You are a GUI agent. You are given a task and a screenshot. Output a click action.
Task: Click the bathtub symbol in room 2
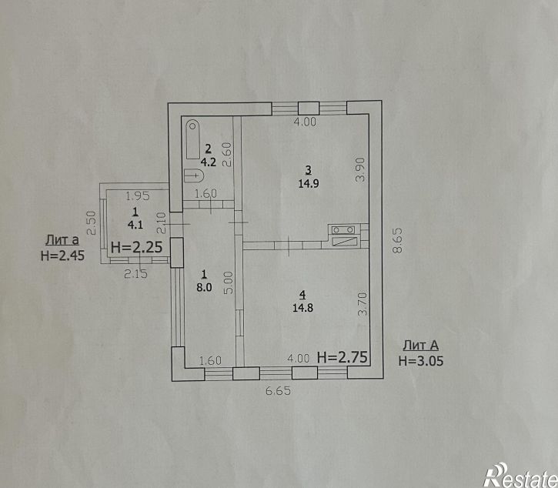(193, 139)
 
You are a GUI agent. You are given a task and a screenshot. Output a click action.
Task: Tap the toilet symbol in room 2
(194, 175)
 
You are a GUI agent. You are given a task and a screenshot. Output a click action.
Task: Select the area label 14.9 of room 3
(309, 184)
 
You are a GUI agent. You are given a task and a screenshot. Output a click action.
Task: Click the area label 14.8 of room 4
(302, 308)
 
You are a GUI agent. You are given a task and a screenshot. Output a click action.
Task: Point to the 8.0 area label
(204, 287)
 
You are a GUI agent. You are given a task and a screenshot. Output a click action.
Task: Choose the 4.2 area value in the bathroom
(208, 162)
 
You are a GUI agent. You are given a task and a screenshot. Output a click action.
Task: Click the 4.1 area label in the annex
(135, 225)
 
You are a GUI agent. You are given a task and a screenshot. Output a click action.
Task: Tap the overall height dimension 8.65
(397, 240)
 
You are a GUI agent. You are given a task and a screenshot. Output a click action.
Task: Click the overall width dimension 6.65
(279, 391)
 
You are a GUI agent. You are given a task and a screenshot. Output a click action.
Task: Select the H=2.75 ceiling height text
(342, 357)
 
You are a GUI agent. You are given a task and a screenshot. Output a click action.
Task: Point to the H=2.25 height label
(137, 247)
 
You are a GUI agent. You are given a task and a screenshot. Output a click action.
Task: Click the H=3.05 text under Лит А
(421, 361)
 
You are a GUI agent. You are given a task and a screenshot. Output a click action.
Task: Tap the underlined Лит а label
(62, 240)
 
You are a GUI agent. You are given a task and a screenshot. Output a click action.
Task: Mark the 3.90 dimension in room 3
(361, 170)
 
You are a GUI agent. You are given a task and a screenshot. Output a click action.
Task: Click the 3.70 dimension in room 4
(363, 304)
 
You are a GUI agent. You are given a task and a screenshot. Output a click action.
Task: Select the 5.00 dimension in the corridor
(229, 282)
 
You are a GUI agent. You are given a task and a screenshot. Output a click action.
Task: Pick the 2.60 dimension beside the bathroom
(227, 155)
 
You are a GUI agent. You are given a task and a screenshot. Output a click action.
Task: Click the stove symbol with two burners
(343, 230)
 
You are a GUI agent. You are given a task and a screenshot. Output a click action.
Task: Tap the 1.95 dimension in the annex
(138, 196)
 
